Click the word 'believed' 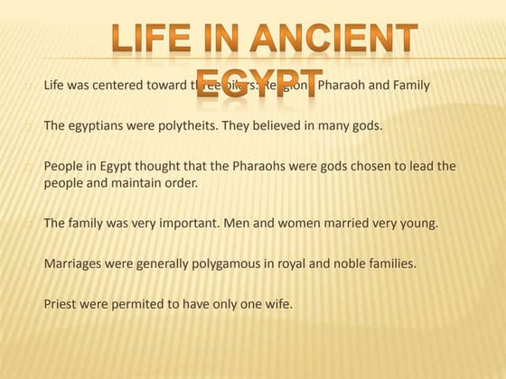click(x=287, y=125)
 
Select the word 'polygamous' click(x=216, y=263)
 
